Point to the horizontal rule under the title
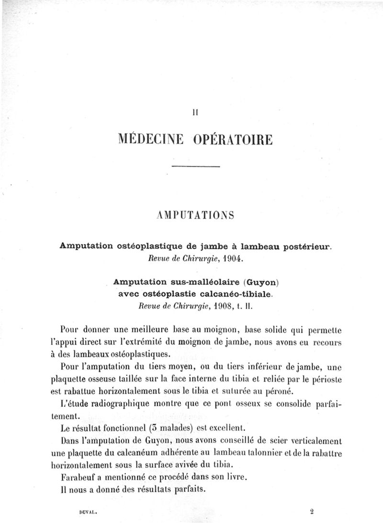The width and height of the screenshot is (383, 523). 195,166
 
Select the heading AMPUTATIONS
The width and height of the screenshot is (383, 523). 195,216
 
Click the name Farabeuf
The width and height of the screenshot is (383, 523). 79,477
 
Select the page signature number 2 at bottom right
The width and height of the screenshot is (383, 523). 311,511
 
